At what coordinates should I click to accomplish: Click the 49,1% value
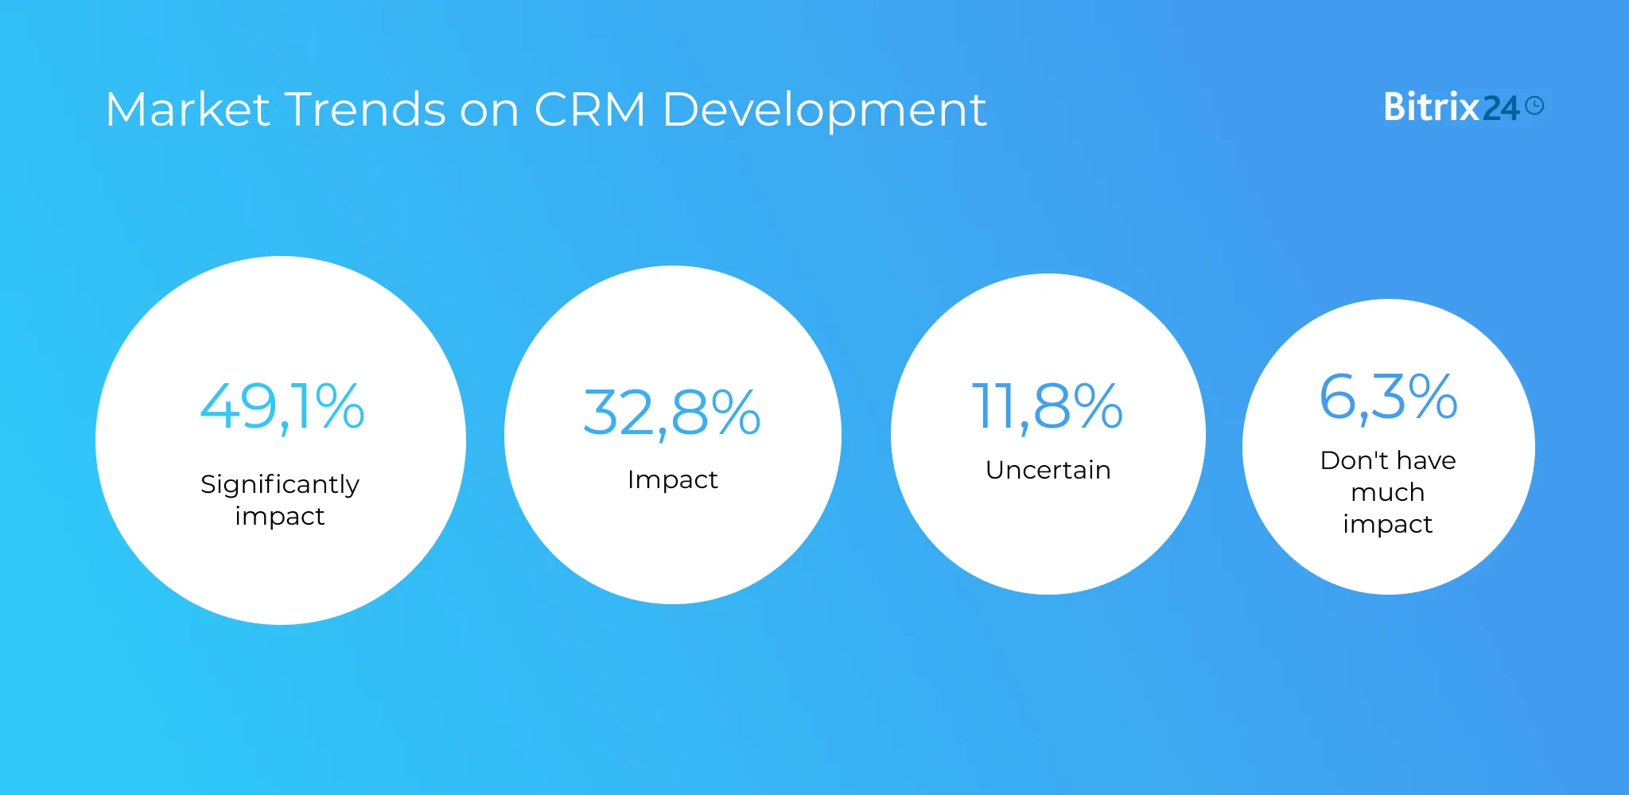pos(282,407)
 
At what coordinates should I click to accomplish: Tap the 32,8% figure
pos(672,413)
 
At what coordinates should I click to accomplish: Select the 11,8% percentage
pos(1048,407)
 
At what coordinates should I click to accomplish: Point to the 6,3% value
pos(1388,397)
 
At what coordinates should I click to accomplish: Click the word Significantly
pos(280,484)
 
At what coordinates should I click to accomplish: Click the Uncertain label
pos(1048,470)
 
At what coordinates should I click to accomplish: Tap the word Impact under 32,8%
pos(672,479)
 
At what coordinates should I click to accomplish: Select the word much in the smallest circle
pos(1388,492)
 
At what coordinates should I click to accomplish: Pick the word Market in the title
pos(188,109)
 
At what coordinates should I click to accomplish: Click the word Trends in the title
pos(365,109)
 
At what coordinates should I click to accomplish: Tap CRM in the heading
pos(589,109)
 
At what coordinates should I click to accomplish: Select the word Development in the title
pos(824,111)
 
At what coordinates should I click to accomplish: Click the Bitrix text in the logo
pos(1431,107)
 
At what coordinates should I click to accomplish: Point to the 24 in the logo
pos(1501,109)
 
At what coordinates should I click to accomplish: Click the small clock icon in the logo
pos(1535,106)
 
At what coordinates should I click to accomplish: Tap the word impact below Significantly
pos(280,517)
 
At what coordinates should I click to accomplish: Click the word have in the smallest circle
pos(1426,460)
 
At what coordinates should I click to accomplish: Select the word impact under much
pos(1388,525)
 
